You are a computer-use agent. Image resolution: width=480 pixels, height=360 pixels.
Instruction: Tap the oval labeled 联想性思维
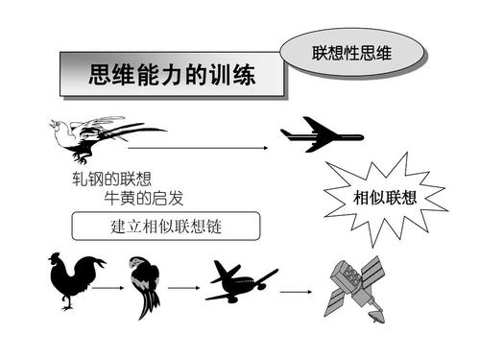pos(351,50)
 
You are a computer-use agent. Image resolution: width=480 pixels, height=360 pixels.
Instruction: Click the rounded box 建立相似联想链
pos(167,227)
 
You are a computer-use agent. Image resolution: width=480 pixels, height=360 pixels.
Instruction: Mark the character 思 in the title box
pos(97,74)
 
